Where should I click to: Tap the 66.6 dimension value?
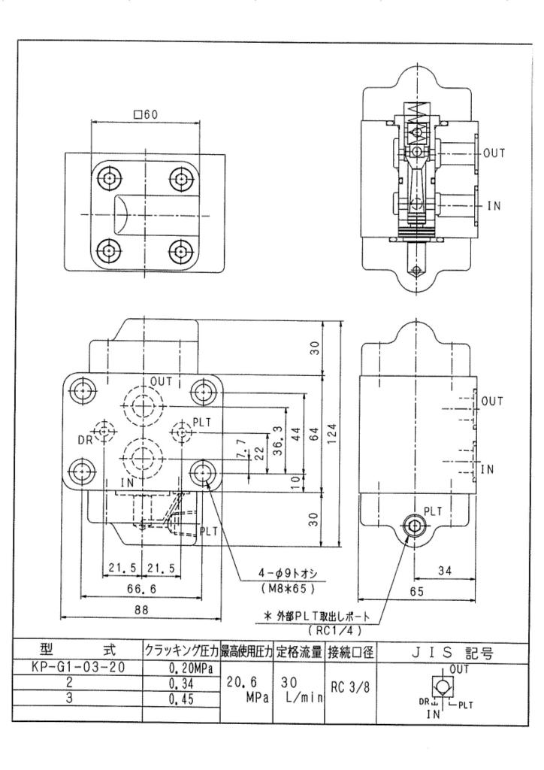141,589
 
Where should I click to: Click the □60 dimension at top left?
146,115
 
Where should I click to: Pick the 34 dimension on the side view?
444,571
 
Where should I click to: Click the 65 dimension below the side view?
417,592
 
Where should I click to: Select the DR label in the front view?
86,440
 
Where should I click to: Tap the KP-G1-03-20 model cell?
77,668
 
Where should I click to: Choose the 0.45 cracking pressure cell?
180,699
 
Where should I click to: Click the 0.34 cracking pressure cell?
180,683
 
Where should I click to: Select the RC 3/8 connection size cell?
349,687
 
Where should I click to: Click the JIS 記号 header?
452,653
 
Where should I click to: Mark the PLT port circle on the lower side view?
415,526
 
